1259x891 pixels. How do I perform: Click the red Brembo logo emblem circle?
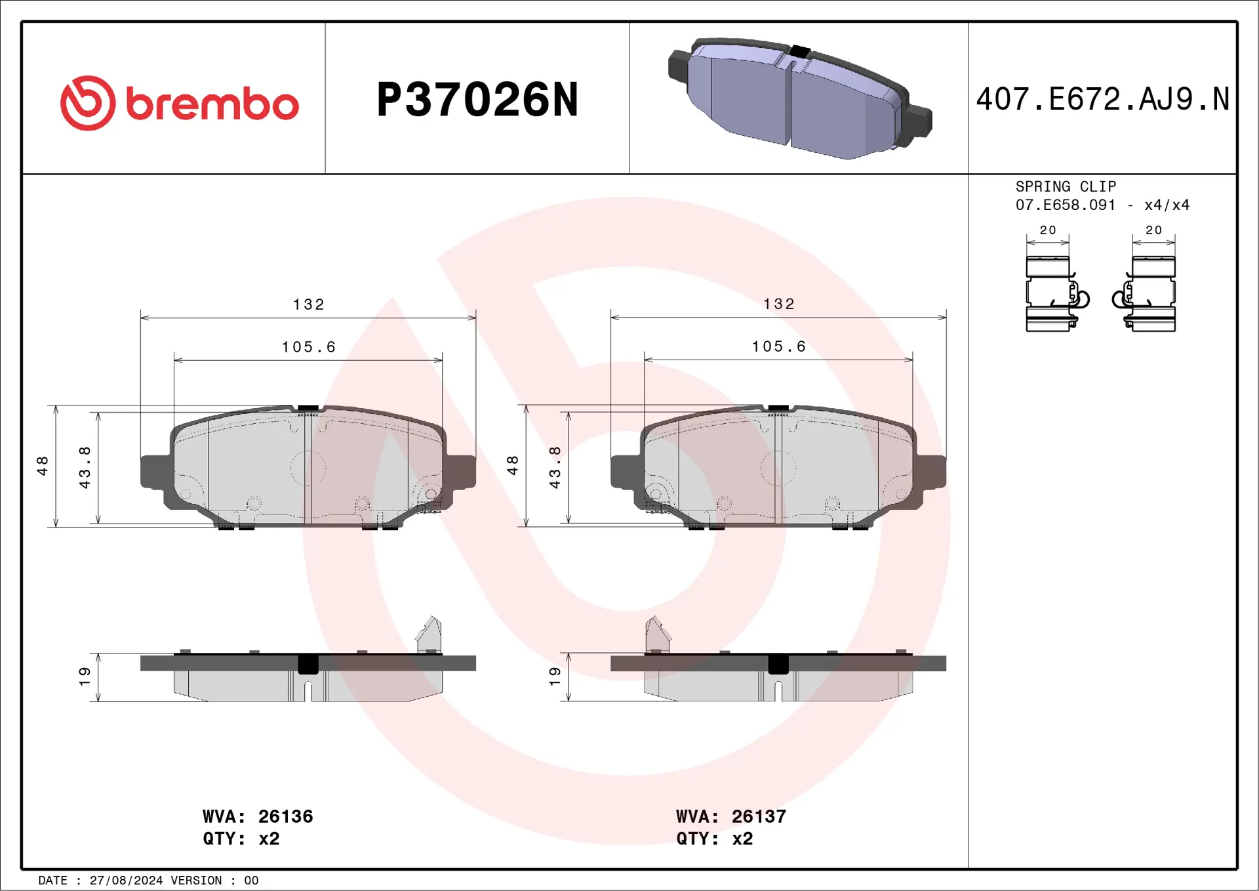tap(88, 103)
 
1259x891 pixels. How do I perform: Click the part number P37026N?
tap(477, 100)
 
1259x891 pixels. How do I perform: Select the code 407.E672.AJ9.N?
tap(1102, 100)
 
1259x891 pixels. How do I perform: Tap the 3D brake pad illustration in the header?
tap(799, 98)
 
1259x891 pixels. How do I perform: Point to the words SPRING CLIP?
tap(1065, 186)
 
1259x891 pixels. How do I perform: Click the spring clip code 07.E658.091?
tap(1065, 205)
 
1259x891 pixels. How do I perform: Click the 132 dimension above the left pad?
tap(308, 304)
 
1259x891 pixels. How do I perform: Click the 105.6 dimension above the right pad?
tap(778, 346)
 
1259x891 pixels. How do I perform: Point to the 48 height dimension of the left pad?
tap(43, 466)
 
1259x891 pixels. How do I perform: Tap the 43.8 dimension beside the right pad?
tap(555, 467)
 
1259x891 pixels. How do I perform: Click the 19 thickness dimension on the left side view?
tap(85, 676)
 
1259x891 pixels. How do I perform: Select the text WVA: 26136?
tap(258, 816)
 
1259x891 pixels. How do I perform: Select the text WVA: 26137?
tap(730, 816)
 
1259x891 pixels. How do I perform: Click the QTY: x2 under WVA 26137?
tap(714, 839)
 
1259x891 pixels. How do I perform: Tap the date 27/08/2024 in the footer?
tap(126, 881)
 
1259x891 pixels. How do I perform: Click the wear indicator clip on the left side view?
tap(430, 634)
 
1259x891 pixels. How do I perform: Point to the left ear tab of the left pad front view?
tap(155, 471)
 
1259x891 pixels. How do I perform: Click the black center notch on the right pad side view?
tap(778, 664)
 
